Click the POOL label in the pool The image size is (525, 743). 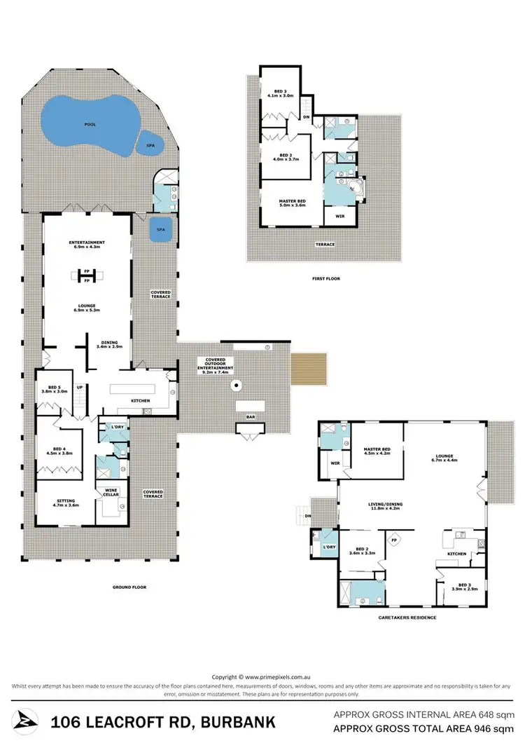click(x=90, y=123)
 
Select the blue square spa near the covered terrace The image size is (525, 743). click(x=160, y=230)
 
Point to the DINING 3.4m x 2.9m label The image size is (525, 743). click(x=109, y=345)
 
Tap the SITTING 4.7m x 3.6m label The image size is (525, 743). click(x=67, y=503)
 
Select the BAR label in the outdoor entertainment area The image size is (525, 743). click(x=249, y=418)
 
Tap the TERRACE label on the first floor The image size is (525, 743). click(x=325, y=245)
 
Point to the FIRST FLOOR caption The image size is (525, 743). click(x=325, y=279)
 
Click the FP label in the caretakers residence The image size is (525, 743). click(x=393, y=540)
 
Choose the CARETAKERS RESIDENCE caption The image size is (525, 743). click(x=406, y=618)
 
